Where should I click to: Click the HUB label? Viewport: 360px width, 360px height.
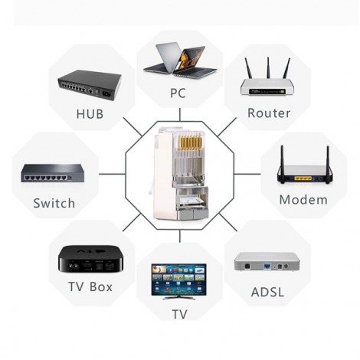[x=90, y=114]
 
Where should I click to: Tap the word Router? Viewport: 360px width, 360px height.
[x=269, y=113]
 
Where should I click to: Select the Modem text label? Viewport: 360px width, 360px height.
[x=303, y=199]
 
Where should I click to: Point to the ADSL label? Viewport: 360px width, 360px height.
[x=267, y=292]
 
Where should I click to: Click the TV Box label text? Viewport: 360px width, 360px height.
[x=90, y=286]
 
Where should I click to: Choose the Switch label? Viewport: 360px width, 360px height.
[x=54, y=203]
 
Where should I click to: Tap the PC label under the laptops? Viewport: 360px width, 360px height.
[x=178, y=93]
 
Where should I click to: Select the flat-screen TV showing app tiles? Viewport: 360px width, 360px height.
[x=178, y=281]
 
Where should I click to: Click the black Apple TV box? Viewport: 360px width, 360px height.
[x=90, y=260]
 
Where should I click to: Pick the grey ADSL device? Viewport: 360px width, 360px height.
[x=267, y=261]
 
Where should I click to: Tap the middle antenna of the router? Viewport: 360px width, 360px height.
[x=268, y=67]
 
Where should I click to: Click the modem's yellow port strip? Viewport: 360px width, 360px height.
[x=303, y=178]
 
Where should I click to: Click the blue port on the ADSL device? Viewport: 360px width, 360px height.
[x=267, y=266]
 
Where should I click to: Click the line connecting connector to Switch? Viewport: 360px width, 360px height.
[x=112, y=174]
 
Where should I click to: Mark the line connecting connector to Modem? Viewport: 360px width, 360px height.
[x=247, y=174]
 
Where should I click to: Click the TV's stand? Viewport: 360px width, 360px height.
[x=178, y=297]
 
